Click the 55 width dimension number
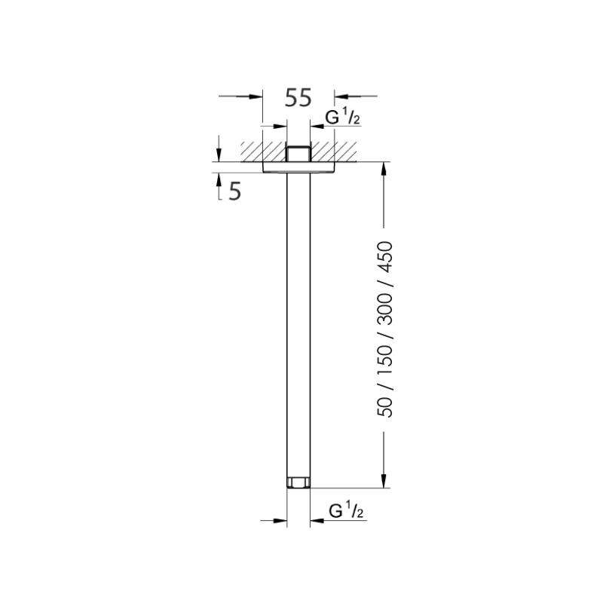(298, 98)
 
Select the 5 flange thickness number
(234, 191)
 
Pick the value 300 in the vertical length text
(387, 311)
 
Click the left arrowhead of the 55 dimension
(256, 96)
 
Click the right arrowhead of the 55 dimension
(341, 96)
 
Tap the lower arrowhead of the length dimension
(384, 482)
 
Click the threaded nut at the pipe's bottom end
(298, 482)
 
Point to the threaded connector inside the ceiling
(298, 152)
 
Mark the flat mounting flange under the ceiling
(298, 167)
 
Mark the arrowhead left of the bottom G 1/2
(282, 520)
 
